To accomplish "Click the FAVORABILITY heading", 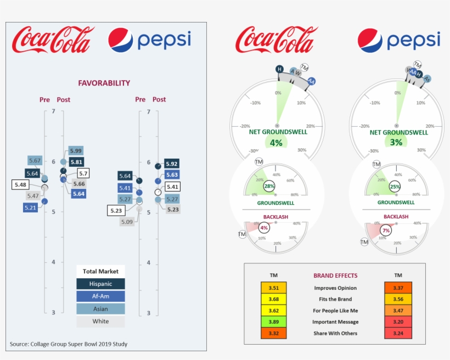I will tap(104, 83).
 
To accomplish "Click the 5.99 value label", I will tap(76, 151).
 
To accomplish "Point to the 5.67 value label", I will tap(35, 160).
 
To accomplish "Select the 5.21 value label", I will tap(30, 207).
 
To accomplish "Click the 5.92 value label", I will tap(171, 164).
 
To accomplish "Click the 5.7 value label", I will tap(83, 173).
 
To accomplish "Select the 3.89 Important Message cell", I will tap(274, 322).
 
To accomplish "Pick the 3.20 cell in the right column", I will tap(398, 322).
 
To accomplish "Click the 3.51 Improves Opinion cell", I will tap(274, 288).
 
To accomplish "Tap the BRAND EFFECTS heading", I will tap(335, 275).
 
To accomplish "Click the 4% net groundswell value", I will tap(276, 142).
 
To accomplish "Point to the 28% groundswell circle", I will tap(269, 187).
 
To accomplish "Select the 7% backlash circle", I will tap(386, 230).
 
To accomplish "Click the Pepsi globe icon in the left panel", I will tap(120, 40).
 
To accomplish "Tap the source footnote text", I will tap(69, 344).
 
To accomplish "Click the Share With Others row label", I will tap(335, 333).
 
